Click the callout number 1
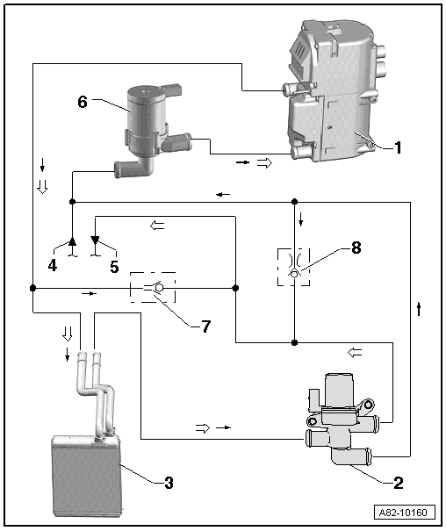397,147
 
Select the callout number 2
398,482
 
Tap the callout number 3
168,482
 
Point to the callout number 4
54,264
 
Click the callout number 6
83,101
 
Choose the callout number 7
205,326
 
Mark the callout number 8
356,248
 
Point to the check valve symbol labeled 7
152,287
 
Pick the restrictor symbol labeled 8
294,266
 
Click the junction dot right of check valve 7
235,287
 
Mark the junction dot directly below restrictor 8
294,342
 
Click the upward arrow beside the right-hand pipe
419,308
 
